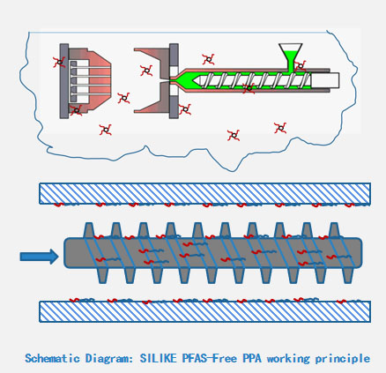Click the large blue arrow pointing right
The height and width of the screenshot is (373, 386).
(x=39, y=257)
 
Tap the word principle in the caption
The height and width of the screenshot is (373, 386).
(x=338, y=359)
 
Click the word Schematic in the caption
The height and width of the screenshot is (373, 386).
(x=51, y=359)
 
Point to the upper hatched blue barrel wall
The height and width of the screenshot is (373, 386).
(x=204, y=193)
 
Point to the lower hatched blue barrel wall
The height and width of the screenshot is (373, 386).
(x=204, y=311)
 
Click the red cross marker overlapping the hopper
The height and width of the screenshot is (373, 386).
(x=300, y=65)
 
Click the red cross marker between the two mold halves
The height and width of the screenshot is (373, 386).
(x=124, y=98)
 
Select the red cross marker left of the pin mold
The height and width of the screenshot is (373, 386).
(x=58, y=62)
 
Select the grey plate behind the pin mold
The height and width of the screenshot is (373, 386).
(x=64, y=80)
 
